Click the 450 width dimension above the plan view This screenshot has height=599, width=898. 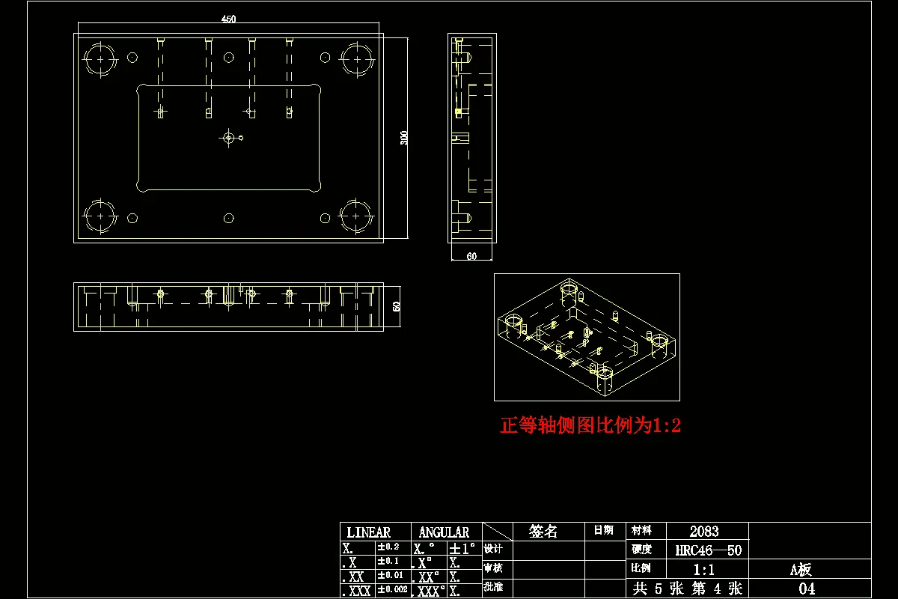click(x=229, y=20)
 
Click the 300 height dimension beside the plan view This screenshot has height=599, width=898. click(x=404, y=138)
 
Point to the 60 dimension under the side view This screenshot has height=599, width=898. click(x=471, y=256)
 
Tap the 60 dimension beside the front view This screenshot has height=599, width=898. click(x=397, y=306)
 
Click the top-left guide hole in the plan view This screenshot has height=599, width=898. click(x=100, y=59)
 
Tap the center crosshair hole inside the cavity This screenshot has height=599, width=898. click(x=229, y=138)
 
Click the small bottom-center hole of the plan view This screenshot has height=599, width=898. click(x=229, y=219)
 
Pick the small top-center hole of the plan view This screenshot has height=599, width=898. click(x=229, y=57)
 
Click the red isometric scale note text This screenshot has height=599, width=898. click(x=590, y=426)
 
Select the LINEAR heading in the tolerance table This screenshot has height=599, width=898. click(x=368, y=532)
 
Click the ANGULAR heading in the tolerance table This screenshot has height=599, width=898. click(x=444, y=532)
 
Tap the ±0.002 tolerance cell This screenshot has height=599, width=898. click(x=393, y=590)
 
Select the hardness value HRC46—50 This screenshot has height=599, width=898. click(x=708, y=550)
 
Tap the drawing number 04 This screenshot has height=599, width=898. click(x=807, y=589)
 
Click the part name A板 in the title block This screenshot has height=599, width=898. click(x=801, y=570)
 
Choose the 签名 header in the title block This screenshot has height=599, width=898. click(x=543, y=532)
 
